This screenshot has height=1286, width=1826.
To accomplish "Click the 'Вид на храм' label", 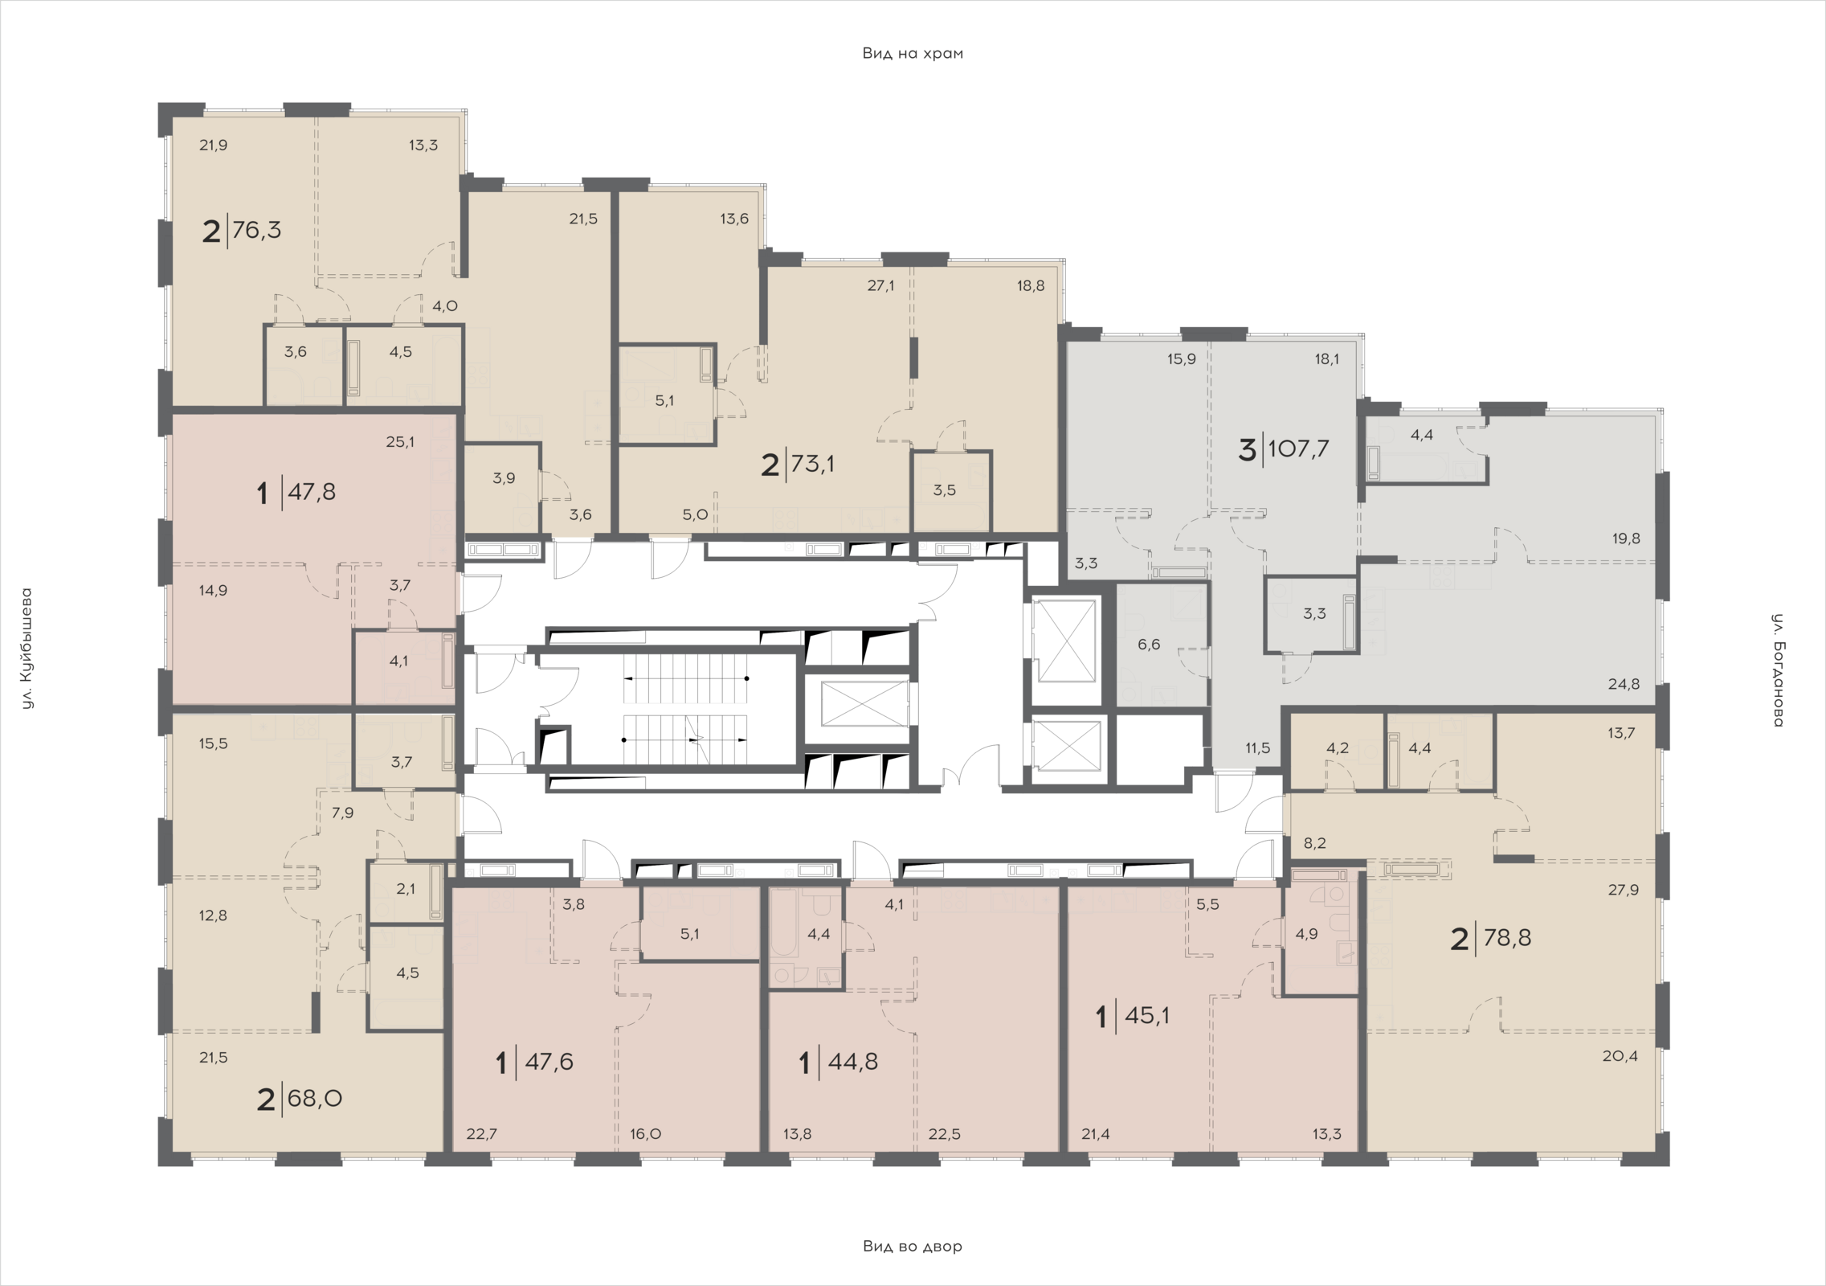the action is pos(913,54).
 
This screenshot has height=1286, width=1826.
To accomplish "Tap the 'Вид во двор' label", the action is pos(913,1247).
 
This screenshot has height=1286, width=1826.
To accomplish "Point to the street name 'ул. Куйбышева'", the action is pos(27,649).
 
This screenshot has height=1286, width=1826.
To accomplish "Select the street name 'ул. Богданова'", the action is pos(1778,670).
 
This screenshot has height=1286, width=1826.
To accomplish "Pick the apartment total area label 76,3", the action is pos(256,231).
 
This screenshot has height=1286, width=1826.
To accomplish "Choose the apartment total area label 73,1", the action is pos(813,464).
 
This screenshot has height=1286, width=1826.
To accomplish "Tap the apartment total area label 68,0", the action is pos(315,1098).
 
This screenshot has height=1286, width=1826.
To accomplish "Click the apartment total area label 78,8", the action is pos(1508,938).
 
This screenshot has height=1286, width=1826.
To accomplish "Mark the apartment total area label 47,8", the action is pos(312,491).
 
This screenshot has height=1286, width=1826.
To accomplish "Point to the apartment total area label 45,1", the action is pos(1147,1016).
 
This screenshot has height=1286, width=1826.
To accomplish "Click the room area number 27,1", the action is pos(880,285).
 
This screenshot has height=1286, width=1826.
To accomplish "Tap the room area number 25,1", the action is pos(400,441).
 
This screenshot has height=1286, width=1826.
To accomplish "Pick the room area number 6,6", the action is pos(1149,644).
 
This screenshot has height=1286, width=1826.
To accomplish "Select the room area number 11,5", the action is pos(1257,747).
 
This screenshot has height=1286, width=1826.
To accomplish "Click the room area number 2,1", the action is pos(406,888).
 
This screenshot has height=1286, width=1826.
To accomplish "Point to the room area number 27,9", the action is pos(1624,890).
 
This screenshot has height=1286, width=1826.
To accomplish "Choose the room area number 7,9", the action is pos(342,813).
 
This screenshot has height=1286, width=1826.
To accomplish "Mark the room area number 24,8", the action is pos(1624,685).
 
